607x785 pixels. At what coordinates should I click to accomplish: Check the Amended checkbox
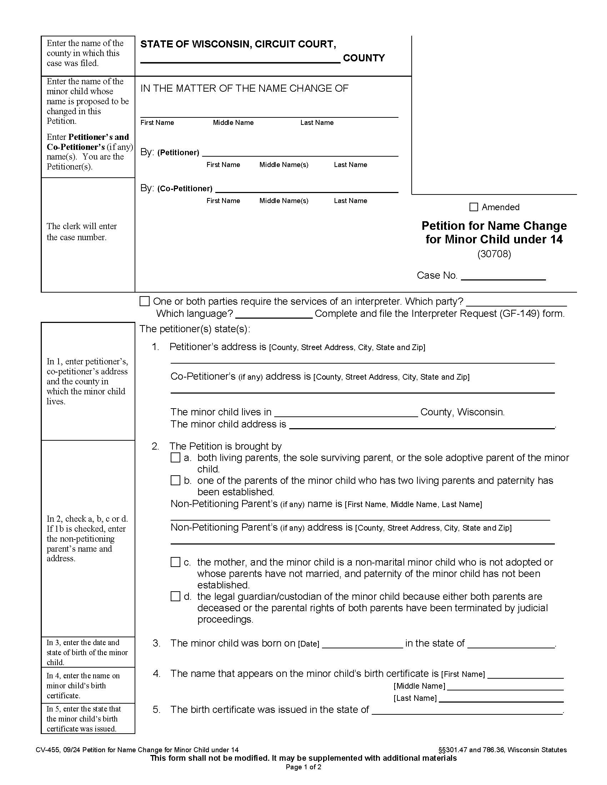(473, 207)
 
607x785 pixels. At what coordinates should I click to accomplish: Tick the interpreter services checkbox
(144, 301)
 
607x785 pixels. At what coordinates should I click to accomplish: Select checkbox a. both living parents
(175, 457)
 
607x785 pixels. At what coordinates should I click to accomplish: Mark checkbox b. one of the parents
(175, 480)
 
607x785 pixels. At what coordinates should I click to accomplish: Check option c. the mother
(175, 562)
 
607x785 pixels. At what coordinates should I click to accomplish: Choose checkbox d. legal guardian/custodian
(175, 596)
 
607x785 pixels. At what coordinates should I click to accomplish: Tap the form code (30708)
(494, 254)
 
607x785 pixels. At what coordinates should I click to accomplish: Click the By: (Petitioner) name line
(300, 153)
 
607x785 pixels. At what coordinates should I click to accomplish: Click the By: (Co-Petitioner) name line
(306, 189)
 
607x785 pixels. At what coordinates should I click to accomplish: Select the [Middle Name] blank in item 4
(505, 687)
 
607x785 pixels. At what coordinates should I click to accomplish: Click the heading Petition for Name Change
(494, 226)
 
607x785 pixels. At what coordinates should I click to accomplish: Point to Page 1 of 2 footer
(303, 767)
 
